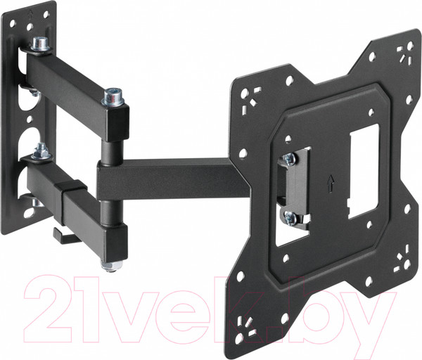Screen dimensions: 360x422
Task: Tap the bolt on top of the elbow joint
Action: click(x=110, y=96)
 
